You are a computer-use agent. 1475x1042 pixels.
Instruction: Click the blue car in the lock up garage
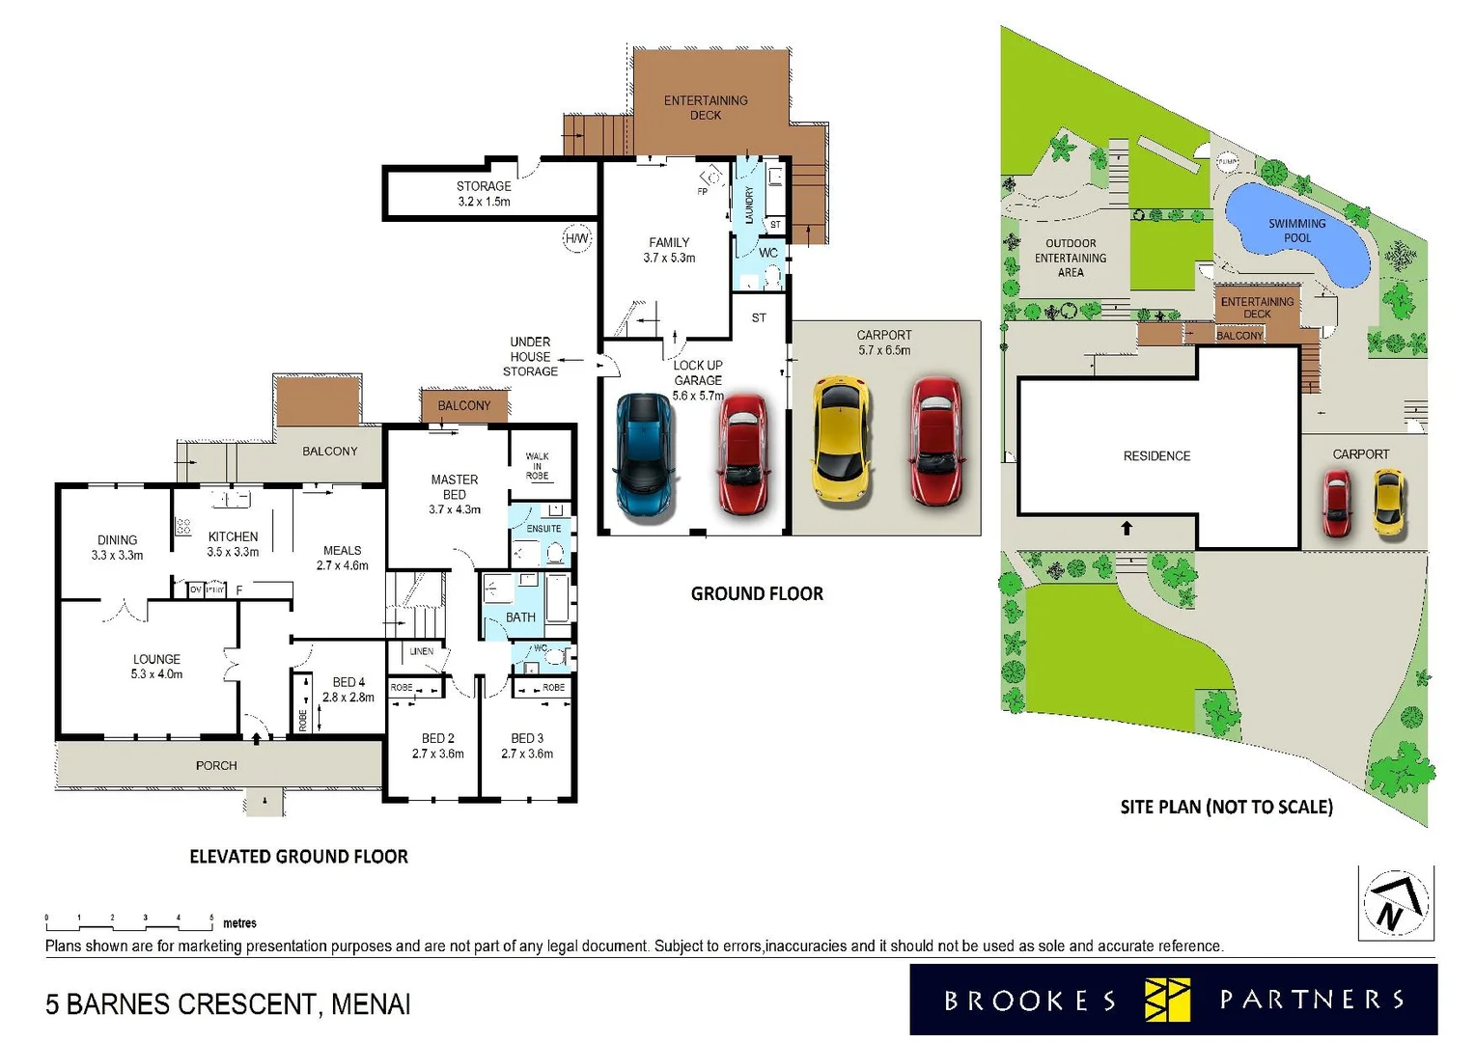coord(645,455)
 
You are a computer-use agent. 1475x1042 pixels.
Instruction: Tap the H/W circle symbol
coord(576,238)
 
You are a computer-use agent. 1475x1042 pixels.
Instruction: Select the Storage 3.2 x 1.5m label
coord(484,194)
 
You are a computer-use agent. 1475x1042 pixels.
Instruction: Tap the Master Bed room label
coord(455,493)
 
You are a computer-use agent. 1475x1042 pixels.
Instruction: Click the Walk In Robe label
coord(537,466)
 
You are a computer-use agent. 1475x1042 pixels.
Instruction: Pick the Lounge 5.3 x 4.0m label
coord(156,667)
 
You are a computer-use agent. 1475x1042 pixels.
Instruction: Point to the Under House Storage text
coord(530,356)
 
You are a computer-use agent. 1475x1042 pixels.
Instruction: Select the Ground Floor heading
coord(757,594)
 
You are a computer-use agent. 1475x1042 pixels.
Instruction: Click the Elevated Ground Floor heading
coord(298,857)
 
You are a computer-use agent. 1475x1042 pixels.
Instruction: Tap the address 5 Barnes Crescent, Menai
coord(228,1004)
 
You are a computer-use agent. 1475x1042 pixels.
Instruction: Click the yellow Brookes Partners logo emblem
coord(1167,1000)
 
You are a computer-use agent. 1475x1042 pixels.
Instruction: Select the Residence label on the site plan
coord(1156,455)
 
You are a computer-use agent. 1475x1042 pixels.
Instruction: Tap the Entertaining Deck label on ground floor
coord(706,107)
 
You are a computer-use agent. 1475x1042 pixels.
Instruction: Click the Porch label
coord(216,765)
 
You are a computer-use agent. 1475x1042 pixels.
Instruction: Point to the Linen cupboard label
coord(421,651)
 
